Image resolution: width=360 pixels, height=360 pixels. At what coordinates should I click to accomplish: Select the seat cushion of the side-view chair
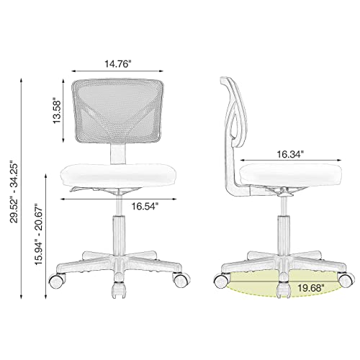[287, 175]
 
